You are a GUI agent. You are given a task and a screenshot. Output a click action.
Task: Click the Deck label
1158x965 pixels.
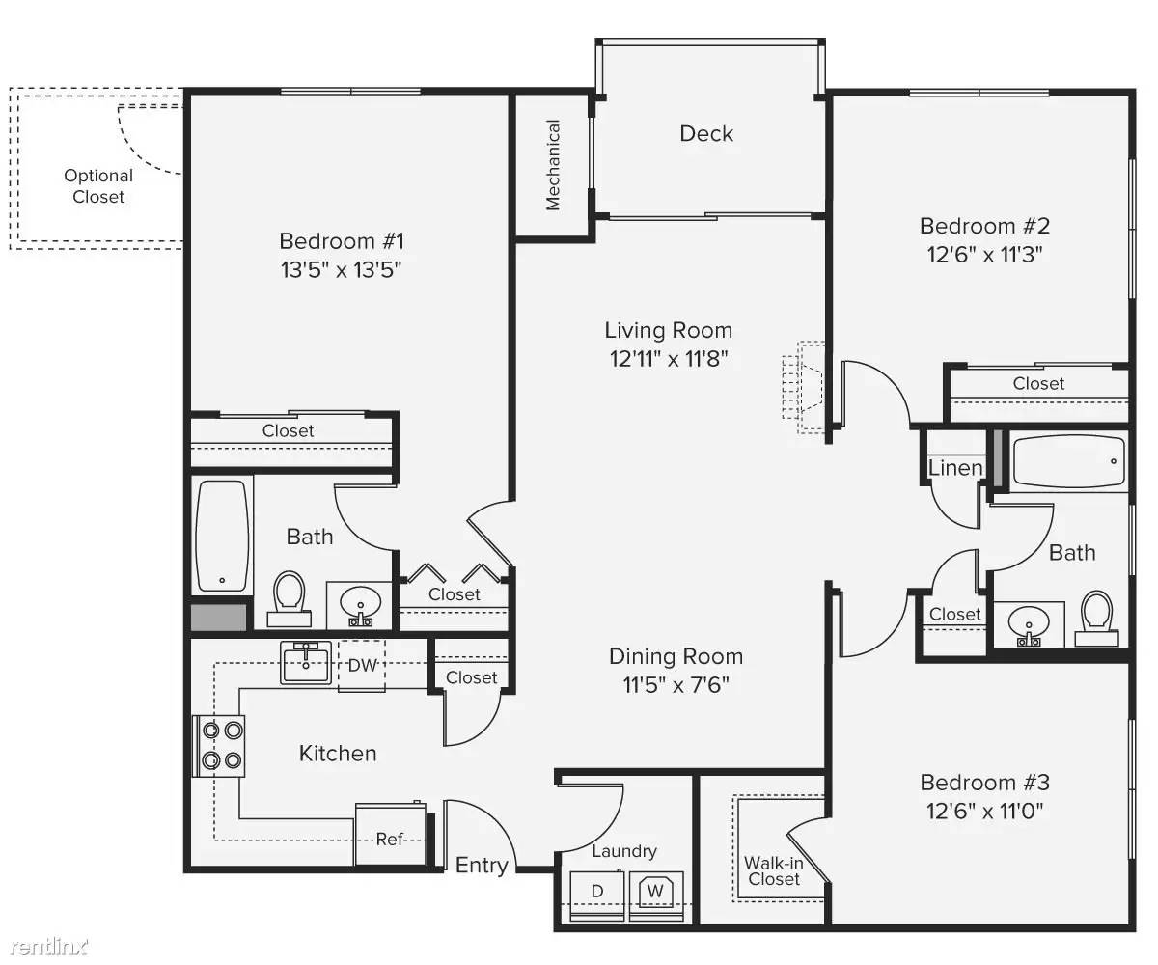pyautogui.click(x=706, y=134)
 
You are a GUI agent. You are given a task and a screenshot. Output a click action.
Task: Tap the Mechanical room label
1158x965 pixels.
pyautogui.click(x=552, y=165)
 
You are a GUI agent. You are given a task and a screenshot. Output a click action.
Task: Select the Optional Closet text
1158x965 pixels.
pyautogui.click(x=98, y=186)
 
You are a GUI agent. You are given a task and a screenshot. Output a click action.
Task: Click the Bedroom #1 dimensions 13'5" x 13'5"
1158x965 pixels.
pyautogui.click(x=341, y=270)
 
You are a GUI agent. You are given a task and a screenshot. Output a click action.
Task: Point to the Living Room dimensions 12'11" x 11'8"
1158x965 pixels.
pyautogui.click(x=669, y=359)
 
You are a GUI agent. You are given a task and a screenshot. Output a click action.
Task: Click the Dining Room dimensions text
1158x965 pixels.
pyautogui.click(x=675, y=685)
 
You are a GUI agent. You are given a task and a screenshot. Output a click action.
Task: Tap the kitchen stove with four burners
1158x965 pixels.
pyautogui.click(x=218, y=746)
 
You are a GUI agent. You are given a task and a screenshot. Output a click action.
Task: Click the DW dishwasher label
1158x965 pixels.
pyautogui.click(x=362, y=665)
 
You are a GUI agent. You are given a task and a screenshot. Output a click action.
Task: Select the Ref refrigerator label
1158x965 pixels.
pyautogui.click(x=389, y=839)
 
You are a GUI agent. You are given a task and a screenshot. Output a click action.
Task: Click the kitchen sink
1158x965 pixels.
pyautogui.click(x=306, y=663)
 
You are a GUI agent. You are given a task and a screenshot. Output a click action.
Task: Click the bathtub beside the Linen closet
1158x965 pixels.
pyautogui.click(x=1068, y=461)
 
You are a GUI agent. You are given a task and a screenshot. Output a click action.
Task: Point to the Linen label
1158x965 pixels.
pyautogui.click(x=955, y=468)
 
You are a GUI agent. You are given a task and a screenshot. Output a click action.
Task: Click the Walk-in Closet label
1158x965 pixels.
pyautogui.click(x=774, y=870)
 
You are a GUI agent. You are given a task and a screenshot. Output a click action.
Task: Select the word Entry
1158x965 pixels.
pyautogui.click(x=482, y=866)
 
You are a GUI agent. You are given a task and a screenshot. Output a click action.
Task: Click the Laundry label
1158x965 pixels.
pyautogui.click(x=624, y=851)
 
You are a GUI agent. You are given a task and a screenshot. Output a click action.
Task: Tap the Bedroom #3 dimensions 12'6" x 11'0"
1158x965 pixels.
pyautogui.click(x=984, y=812)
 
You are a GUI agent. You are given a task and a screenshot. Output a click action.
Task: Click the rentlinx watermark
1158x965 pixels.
pyautogui.click(x=49, y=946)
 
